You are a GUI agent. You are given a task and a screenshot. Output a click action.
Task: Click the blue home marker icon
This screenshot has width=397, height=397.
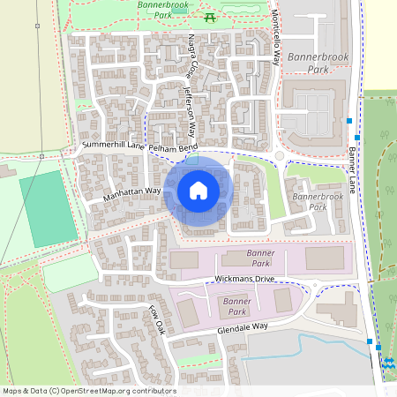pos(198,190)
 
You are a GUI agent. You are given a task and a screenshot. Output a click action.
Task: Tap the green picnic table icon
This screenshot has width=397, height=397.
pos(210,17)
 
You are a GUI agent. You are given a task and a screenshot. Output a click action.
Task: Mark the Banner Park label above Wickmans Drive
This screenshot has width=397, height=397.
pos(236,258)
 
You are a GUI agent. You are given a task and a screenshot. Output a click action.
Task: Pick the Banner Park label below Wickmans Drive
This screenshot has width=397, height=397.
pos(232,306)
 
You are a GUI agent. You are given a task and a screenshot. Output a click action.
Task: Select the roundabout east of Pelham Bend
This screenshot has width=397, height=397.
pos(279,156)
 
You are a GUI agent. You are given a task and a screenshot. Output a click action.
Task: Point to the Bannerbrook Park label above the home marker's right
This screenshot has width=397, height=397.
pos(318,201)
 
